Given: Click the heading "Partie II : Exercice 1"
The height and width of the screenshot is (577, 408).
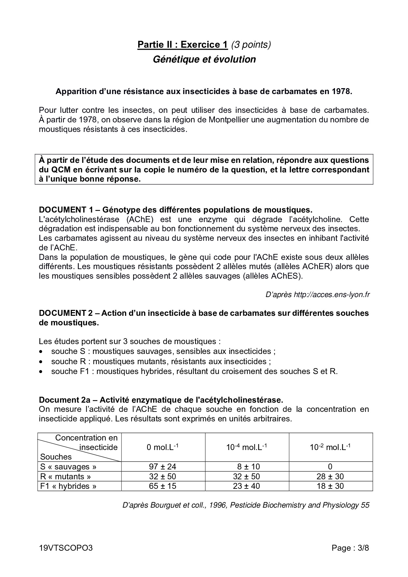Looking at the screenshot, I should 182,45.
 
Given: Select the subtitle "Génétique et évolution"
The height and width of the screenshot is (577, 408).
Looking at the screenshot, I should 204,60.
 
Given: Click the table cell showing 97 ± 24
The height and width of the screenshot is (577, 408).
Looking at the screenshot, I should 163,466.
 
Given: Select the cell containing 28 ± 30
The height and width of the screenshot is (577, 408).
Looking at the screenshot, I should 330,476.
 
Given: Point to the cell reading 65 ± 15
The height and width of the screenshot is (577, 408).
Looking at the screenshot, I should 163,486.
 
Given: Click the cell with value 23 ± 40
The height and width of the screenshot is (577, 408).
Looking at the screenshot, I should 246,486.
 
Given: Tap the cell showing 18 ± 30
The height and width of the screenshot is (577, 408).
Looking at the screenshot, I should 330,486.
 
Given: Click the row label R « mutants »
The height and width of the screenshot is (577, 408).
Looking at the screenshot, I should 65,476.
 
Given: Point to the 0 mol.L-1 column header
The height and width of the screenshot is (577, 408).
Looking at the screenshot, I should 163,447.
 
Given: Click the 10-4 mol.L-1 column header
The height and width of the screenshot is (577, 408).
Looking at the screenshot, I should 246,447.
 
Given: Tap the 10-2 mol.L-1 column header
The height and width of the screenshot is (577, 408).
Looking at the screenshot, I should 330,447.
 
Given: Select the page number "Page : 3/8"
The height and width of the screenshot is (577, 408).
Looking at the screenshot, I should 350,548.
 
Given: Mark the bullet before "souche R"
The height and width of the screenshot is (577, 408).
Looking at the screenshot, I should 41,362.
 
